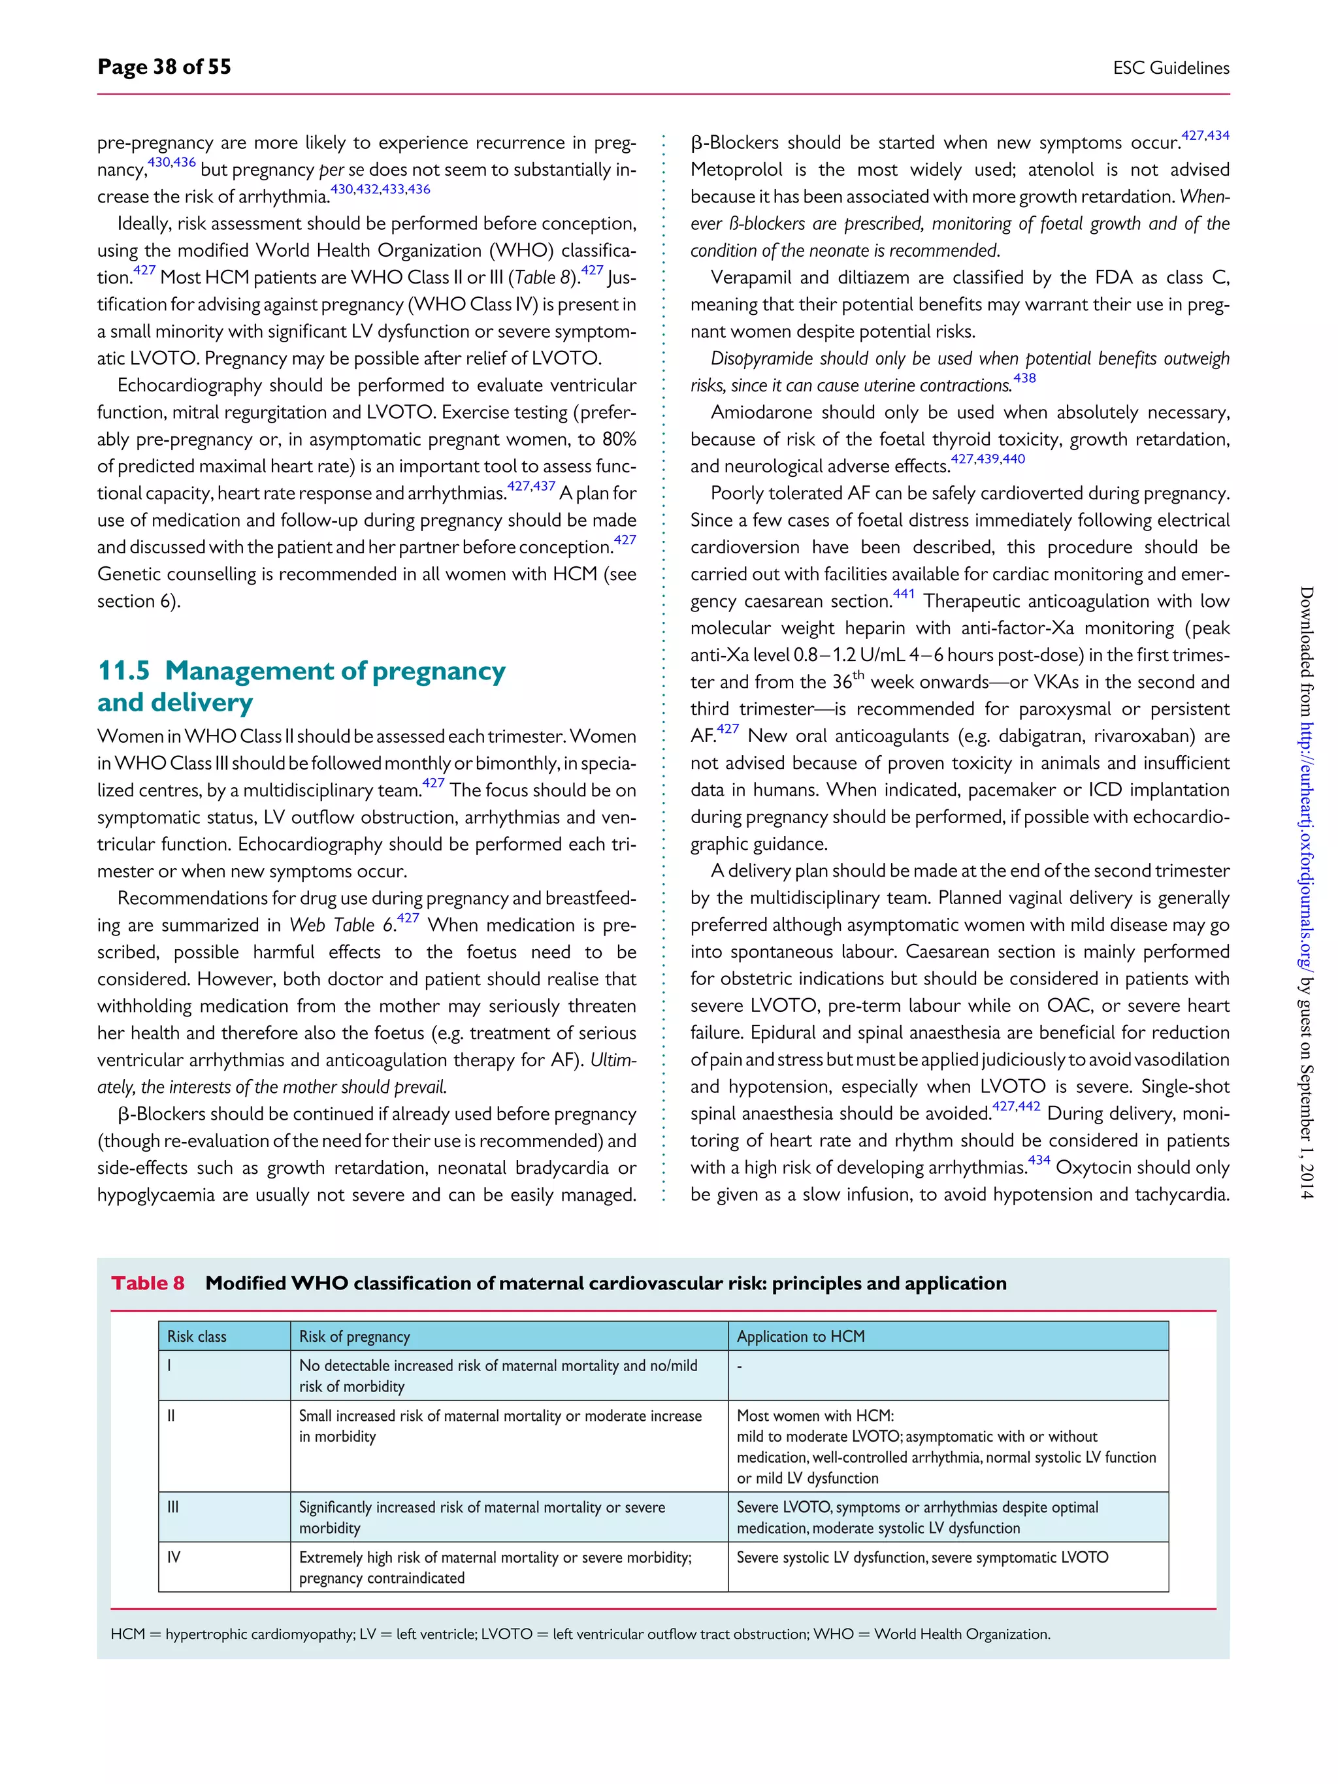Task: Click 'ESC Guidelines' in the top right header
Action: (1170, 69)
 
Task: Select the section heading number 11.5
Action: (123, 671)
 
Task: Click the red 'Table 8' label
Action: (148, 1283)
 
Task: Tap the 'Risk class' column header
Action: (197, 1337)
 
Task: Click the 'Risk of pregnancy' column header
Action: (354, 1337)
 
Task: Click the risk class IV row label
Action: (173, 1557)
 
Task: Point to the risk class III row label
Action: (172, 1506)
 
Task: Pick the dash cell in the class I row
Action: (740, 1366)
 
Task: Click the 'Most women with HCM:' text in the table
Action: (815, 1416)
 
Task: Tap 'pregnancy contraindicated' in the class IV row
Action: (382, 1578)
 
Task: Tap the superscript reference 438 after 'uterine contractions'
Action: (1024, 378)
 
